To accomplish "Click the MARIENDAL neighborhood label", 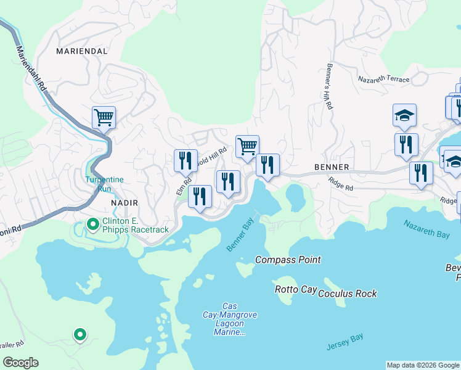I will pyautogui.click(x=82, y=51).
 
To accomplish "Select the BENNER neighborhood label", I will pyautogui.click(x=332, y=167).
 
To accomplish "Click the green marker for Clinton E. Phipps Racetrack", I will pyautogui.click(x=93, y=224).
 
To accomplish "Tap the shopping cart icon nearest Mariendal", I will pyautogui.click(x=104, y=117).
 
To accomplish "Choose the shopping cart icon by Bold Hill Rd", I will pyautogui.click(x=247, y=146).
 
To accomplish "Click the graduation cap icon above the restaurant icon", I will pyautogui.click(x=404, y=115).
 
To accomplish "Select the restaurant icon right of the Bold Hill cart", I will pyautogui.click(x=267, y=165).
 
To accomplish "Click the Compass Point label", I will pyautogui.click(x=288, y=260).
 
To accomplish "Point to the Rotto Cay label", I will pyautogui.click(x=294, y=289).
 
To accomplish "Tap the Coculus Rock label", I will pyautogui.click(x=347, y=294).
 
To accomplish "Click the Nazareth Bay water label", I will pyautogui.click(x=426, y=229).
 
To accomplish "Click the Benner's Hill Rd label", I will pyautogui.click(x=328, y=87).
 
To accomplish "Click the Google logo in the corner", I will pyautogui.click(x=20, y=363).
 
